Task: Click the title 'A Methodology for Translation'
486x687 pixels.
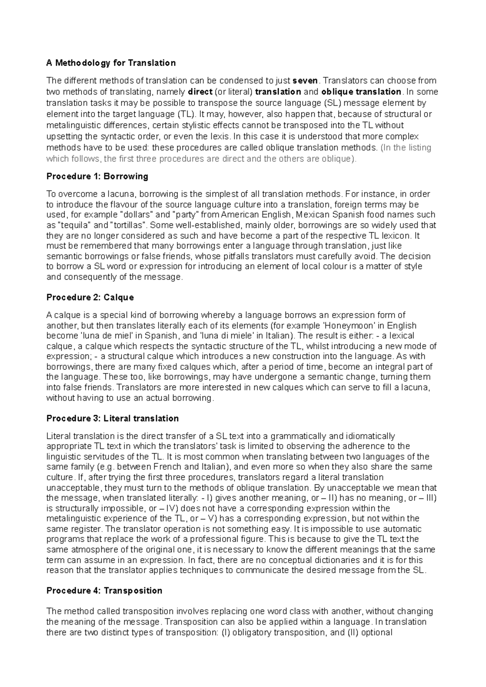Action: tap(111, 63)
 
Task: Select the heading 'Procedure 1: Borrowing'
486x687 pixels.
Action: tap(97, 176)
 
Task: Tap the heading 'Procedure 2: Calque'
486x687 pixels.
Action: tap(90, 297)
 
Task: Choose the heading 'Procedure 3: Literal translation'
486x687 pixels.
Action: tap(112, 418)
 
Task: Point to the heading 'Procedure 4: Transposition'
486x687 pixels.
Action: tap(104, 591)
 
